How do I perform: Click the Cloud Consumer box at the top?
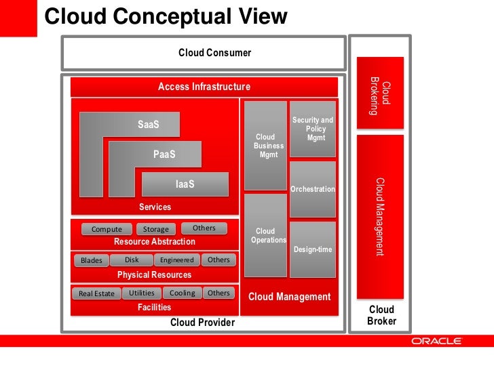204,53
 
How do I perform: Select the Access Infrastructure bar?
204,87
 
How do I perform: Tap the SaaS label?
148,125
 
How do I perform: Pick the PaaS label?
164,155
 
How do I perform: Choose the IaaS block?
185,184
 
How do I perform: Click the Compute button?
107,229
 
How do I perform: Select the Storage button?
156,229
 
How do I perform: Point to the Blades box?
91,260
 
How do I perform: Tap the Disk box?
132,260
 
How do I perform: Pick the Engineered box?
176,260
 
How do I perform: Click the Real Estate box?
96,293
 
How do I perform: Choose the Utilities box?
142,293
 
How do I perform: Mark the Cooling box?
182,293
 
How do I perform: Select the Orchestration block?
313,188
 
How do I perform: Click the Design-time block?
313,249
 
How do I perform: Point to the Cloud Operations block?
265,235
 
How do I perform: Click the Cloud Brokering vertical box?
380,91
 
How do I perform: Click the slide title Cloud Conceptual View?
166,16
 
